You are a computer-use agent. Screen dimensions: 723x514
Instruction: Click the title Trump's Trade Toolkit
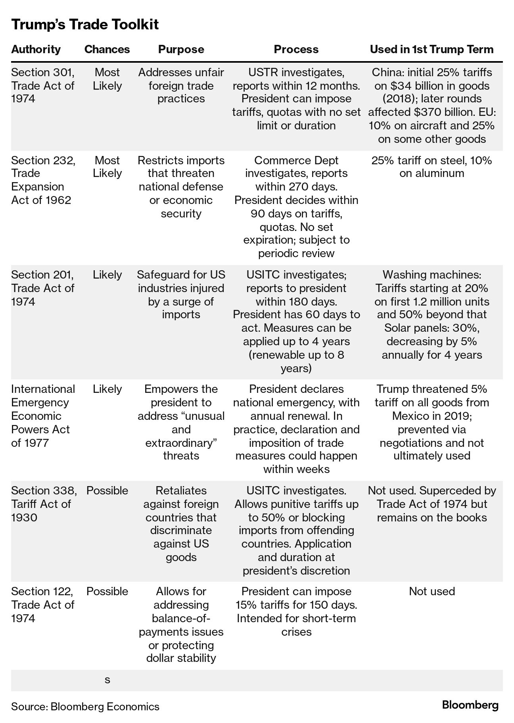point(85,25)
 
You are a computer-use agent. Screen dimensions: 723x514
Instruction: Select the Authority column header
point(36,49)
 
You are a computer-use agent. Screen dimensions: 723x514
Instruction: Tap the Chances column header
point(107,49)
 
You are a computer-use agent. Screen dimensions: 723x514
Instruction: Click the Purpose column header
point(181,49)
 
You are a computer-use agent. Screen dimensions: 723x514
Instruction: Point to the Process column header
point(296,49)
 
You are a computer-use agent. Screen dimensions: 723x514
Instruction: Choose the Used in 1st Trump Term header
point(432,49)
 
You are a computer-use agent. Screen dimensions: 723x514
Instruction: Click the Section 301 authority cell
point(43,85)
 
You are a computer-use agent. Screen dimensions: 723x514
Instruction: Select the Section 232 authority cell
point(43,180)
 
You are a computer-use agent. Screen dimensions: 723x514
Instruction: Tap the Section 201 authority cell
point(43,288)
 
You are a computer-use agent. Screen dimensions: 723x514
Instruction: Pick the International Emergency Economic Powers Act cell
point(43,415)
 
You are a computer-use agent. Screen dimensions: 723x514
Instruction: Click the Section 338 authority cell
point(44,504)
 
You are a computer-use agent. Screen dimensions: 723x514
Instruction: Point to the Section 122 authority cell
point(43,604)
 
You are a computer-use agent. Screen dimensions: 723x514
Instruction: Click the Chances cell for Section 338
point(107,490)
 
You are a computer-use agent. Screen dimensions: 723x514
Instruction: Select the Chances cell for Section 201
point(107,275)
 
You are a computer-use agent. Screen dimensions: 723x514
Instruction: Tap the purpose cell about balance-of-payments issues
point(181,625)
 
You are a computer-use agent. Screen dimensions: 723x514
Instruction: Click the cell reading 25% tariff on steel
point(432,167)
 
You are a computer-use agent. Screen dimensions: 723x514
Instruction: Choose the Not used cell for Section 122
point(432,591)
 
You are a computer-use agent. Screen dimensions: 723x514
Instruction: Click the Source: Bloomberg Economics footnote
point(85,706)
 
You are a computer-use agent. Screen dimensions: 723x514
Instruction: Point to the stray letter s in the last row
point(107,680)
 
